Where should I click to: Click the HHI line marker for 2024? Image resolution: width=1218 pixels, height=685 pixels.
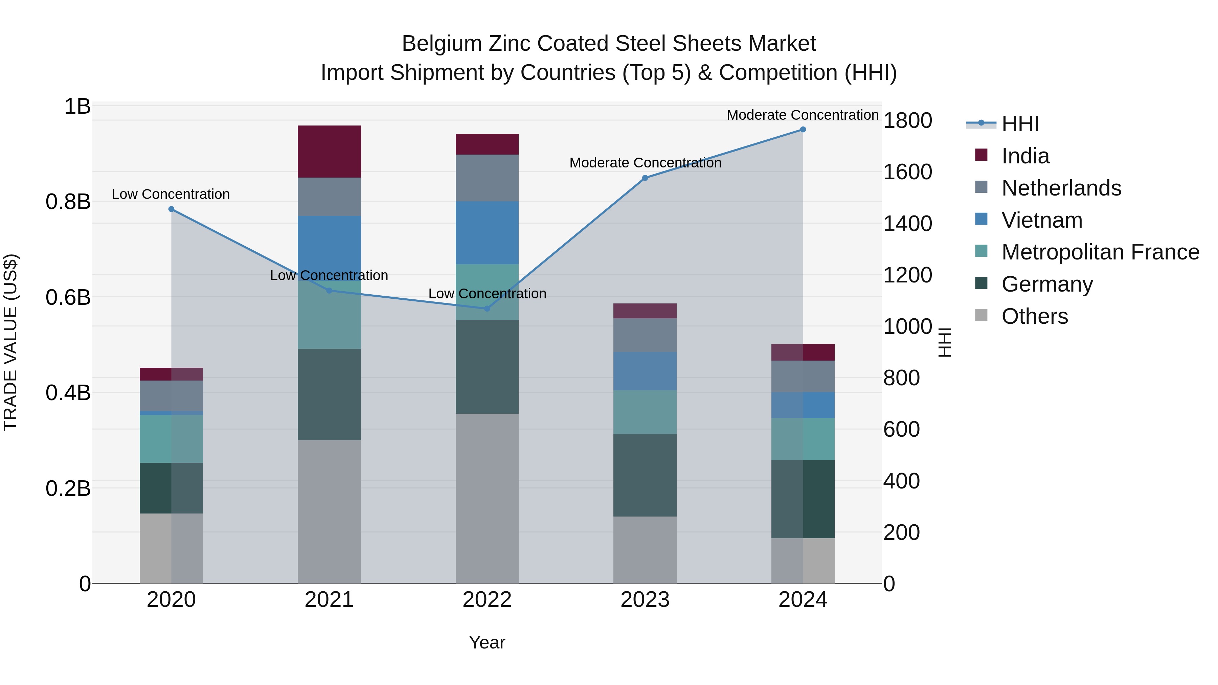[803, 130]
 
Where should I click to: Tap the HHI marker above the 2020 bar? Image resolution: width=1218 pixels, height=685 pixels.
[171, 209]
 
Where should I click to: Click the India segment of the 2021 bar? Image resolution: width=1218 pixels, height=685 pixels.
[329, 151]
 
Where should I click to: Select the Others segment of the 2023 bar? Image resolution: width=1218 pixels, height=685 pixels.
[645, 549]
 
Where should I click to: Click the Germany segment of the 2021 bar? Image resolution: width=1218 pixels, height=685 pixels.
[329, 394]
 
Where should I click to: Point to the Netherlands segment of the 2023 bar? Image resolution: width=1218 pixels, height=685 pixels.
[645, 335]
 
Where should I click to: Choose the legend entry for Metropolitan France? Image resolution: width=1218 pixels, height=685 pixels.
[1100, 252]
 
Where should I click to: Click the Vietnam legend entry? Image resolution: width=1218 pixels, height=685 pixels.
[1042, 220]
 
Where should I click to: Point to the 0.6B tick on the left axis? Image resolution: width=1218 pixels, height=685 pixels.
[68, 297]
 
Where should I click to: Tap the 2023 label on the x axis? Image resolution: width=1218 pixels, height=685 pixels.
[645, 600]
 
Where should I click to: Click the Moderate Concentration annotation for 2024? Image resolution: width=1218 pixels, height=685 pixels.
[803, 115]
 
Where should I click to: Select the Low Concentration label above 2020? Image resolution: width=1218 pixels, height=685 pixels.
[171, 194]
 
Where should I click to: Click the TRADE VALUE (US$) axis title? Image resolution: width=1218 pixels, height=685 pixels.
[10, 342]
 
